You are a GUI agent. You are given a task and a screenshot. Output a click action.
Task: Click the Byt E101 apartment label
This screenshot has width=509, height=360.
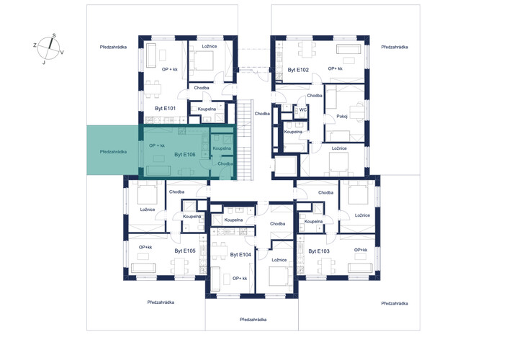166,109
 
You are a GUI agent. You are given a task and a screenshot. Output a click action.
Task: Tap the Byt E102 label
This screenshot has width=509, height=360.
298,70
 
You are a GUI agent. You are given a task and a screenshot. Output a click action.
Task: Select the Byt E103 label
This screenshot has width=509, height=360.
319,251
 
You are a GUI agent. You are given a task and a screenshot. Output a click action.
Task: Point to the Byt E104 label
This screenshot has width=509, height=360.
240,255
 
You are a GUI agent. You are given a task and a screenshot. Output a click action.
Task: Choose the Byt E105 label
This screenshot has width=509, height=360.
185,251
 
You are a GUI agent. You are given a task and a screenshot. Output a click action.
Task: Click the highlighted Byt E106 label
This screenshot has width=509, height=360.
185,155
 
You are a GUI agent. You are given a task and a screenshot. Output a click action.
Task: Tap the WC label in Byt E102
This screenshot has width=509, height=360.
302,109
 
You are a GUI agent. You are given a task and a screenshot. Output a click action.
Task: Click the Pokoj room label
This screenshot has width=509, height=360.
342,116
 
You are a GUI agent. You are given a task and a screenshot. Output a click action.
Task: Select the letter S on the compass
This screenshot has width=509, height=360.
54,36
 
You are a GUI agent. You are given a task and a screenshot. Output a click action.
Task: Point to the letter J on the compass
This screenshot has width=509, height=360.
44,63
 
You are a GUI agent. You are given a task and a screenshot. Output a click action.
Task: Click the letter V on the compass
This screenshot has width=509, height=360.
62,52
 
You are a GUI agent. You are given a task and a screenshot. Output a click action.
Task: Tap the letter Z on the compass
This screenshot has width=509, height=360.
35,45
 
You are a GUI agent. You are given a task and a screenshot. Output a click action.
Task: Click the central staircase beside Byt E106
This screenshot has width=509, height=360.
245,140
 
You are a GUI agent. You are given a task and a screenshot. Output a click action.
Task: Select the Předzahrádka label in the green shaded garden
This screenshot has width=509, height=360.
113,152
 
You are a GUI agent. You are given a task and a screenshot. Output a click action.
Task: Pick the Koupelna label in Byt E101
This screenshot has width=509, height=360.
207,109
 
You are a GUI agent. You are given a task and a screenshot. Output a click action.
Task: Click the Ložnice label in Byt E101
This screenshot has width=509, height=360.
210,46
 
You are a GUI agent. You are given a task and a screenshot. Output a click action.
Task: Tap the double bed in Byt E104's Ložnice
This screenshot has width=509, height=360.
279,276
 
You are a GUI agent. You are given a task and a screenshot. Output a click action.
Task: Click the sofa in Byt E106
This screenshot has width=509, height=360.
158,171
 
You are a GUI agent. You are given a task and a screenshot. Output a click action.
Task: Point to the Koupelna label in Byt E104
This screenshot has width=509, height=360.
233,220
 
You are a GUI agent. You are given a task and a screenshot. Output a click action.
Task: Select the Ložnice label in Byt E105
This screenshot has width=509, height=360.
148,210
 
